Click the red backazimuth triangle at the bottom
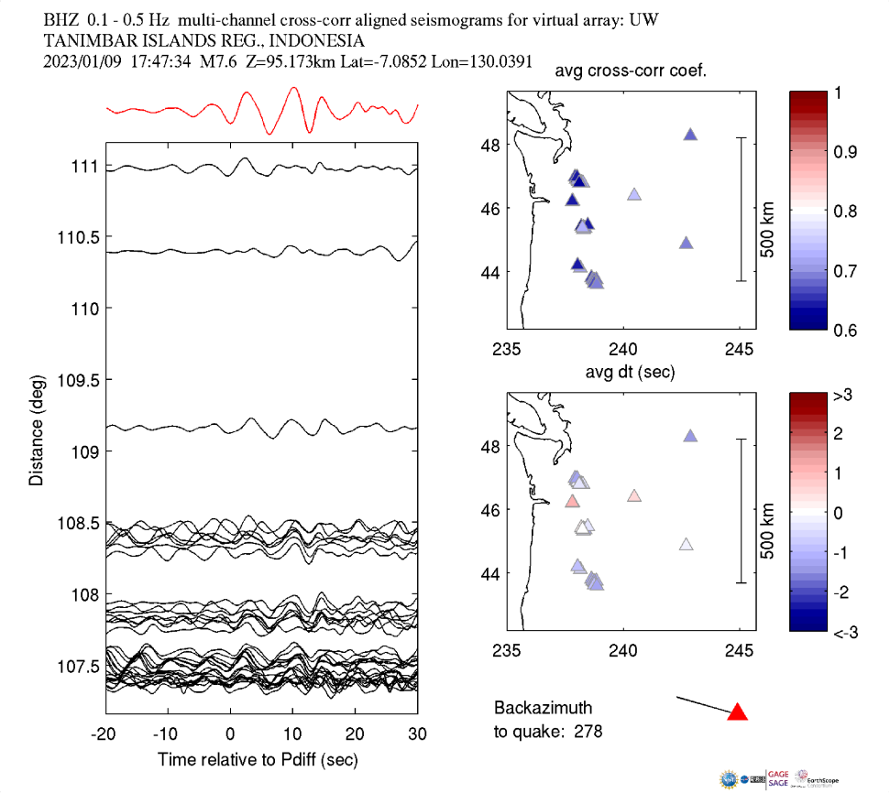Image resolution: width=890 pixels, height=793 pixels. (738, 712)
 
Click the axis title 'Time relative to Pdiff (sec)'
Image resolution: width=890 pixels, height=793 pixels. (258, 759)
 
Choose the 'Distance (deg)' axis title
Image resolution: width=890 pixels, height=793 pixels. (36, 429)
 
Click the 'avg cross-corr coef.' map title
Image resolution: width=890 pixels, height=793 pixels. (635, 72)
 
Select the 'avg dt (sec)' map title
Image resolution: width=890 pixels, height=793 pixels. (632, 373)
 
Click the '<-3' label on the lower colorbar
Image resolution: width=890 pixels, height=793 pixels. (844, 632)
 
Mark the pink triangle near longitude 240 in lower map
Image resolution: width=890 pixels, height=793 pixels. (633, 496)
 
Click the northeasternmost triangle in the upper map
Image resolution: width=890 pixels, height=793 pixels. (691, 135)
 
